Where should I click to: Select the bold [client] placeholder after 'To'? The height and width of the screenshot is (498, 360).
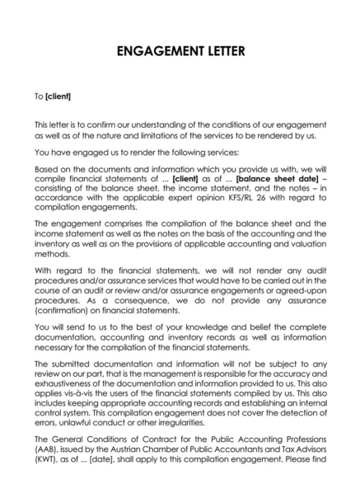click(x=58, y=96)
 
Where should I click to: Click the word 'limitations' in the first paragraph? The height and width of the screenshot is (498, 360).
click(x=153, y=135)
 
